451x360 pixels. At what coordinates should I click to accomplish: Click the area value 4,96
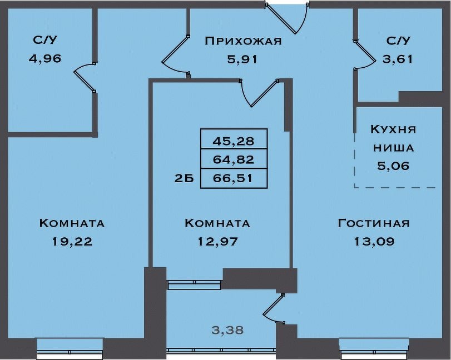45,59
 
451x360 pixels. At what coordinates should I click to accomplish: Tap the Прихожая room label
243,41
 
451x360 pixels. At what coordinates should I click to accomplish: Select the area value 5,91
242,59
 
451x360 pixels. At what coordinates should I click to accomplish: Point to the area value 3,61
398,59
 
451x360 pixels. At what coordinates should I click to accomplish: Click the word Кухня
393,129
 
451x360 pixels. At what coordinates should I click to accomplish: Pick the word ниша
394,148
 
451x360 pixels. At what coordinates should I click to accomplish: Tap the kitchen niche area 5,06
393,166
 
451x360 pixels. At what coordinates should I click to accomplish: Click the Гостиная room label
373,223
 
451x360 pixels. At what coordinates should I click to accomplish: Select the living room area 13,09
374,242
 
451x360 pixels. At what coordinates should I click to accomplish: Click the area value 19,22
72,242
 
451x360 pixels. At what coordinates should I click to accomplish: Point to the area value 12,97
218,242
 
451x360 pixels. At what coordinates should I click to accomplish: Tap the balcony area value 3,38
227,331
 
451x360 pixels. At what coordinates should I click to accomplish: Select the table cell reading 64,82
234,158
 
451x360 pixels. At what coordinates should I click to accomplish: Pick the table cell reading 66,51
234,178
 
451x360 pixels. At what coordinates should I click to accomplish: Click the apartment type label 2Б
184,179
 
